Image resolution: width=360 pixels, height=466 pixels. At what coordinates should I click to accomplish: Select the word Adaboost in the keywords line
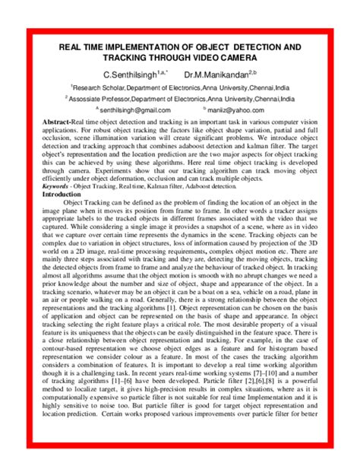201,185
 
